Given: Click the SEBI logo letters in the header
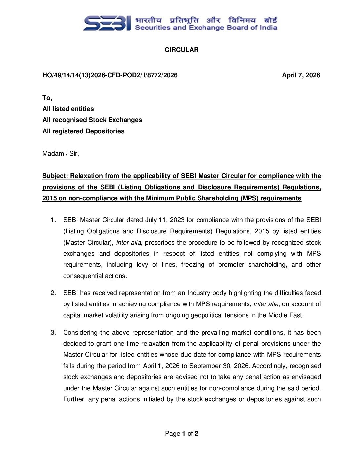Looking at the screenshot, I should coord(107,23).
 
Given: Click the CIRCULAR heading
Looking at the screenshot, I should coord(181,50).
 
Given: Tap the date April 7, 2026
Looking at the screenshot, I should coord(301,75).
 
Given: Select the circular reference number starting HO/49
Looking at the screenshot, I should coord(110,75).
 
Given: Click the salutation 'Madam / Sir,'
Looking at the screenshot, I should coord(61,154).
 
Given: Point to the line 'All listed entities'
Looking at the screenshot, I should coord(68,109).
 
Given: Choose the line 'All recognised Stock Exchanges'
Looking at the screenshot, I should coord(92,120).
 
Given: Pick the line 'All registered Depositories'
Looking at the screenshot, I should coord(83,131).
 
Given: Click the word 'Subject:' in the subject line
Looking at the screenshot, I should coord(55,176).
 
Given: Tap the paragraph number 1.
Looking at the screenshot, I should coord(53,220).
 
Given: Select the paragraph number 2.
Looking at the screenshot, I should coord(53,293).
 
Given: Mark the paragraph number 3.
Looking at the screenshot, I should coord(53,333).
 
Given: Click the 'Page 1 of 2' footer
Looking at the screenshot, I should coord(181,434).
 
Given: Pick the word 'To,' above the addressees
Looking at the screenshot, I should coord(47,98).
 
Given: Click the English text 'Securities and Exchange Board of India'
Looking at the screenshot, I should coord(206,28).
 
